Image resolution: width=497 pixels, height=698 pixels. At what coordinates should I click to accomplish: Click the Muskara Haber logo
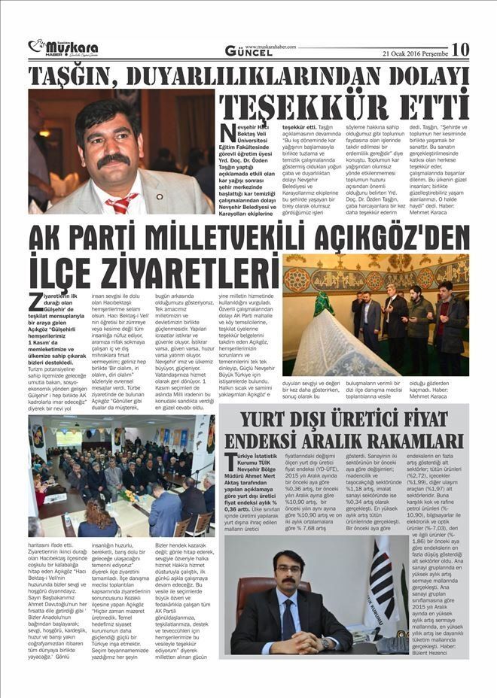pyautogui.click(x=63, y=47)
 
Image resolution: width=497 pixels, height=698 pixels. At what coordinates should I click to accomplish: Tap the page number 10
pyautogui.click(x=459, y=49)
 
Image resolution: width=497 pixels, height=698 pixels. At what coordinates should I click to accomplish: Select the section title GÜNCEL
pyautogui.click(x=249, y=50)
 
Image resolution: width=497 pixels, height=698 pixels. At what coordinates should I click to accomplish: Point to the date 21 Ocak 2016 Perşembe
pyautogui.click(x=414, y=53)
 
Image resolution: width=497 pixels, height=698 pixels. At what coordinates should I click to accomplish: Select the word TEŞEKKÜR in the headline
pyautogui.click(x=318, y=105)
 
